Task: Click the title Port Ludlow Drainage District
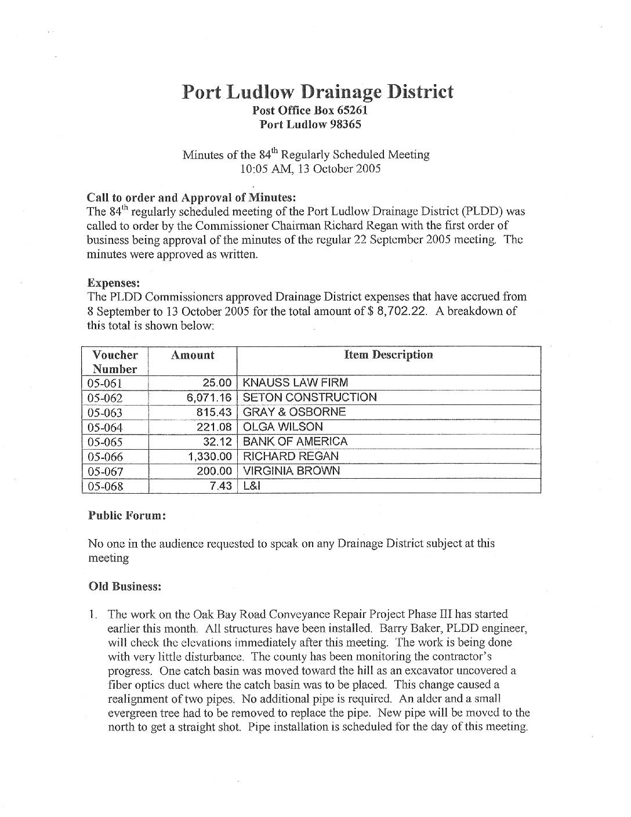[317, 92]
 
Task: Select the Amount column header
[193, 355]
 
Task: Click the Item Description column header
[389, 355]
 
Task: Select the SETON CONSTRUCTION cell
[310, 397]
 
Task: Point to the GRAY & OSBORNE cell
[294, 412]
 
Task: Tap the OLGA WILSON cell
[282, 427]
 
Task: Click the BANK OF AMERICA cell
[295, 442]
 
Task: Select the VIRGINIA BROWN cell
[291, 471]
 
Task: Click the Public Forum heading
[127, 515]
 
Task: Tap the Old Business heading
[124, 586]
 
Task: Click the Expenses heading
[113, 283]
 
